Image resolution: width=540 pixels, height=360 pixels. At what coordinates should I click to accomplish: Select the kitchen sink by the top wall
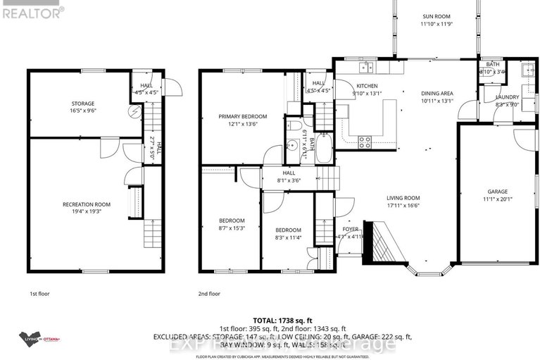coord(365,68)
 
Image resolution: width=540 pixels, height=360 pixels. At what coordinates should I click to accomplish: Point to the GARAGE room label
coord(498,191)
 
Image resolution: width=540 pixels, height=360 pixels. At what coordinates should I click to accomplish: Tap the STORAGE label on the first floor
coord(63,102)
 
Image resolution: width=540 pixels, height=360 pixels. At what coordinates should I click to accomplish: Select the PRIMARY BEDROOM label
coord(242,116)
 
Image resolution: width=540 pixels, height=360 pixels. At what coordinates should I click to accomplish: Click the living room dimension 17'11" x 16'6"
coord(403,206)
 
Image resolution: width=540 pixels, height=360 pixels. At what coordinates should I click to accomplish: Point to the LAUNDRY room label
coord(507,97)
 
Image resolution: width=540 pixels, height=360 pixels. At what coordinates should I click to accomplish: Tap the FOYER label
coord(351,229)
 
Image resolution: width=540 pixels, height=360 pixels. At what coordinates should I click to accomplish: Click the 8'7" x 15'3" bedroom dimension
coord(232,228)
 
